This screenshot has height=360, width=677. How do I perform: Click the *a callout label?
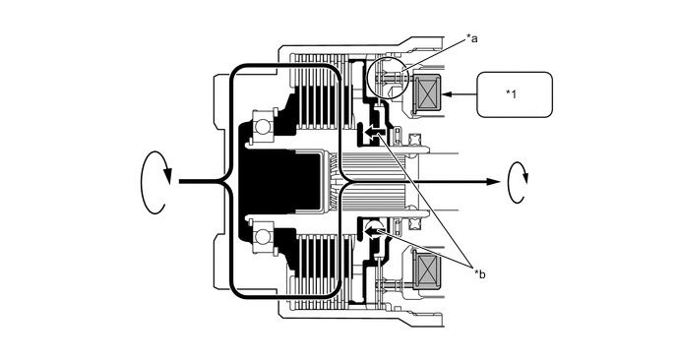471,38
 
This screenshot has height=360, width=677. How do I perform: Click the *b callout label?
479,274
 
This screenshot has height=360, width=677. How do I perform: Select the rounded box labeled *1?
515,94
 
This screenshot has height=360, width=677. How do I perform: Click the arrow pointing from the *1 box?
459,94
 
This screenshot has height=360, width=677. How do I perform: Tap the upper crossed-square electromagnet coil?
427,93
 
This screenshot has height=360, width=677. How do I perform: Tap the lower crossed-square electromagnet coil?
427,270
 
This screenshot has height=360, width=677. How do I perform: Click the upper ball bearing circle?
262,128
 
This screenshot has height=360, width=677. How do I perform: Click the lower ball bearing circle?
262,236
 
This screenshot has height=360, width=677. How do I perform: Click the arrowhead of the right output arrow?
494,182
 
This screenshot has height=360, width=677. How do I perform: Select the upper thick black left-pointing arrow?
373,131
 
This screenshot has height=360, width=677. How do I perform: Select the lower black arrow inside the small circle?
373,233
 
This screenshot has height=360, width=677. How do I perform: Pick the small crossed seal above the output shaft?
415,140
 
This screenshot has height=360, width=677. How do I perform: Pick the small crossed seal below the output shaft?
415,223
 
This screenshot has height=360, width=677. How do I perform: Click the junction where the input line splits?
225,182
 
